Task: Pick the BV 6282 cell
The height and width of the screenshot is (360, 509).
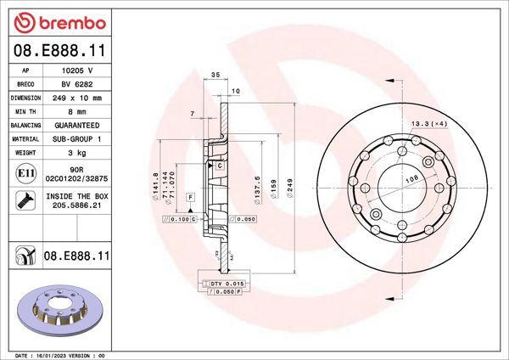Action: coord(77,85)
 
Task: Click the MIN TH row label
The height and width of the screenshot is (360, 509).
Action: coord(26,111)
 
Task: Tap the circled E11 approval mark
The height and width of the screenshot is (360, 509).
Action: coord(25,175)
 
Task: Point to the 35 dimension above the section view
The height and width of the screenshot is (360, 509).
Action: coord(215,76)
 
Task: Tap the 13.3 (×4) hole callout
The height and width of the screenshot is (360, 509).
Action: coord(428,125)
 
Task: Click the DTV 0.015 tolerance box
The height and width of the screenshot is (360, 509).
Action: coord(225,283)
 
